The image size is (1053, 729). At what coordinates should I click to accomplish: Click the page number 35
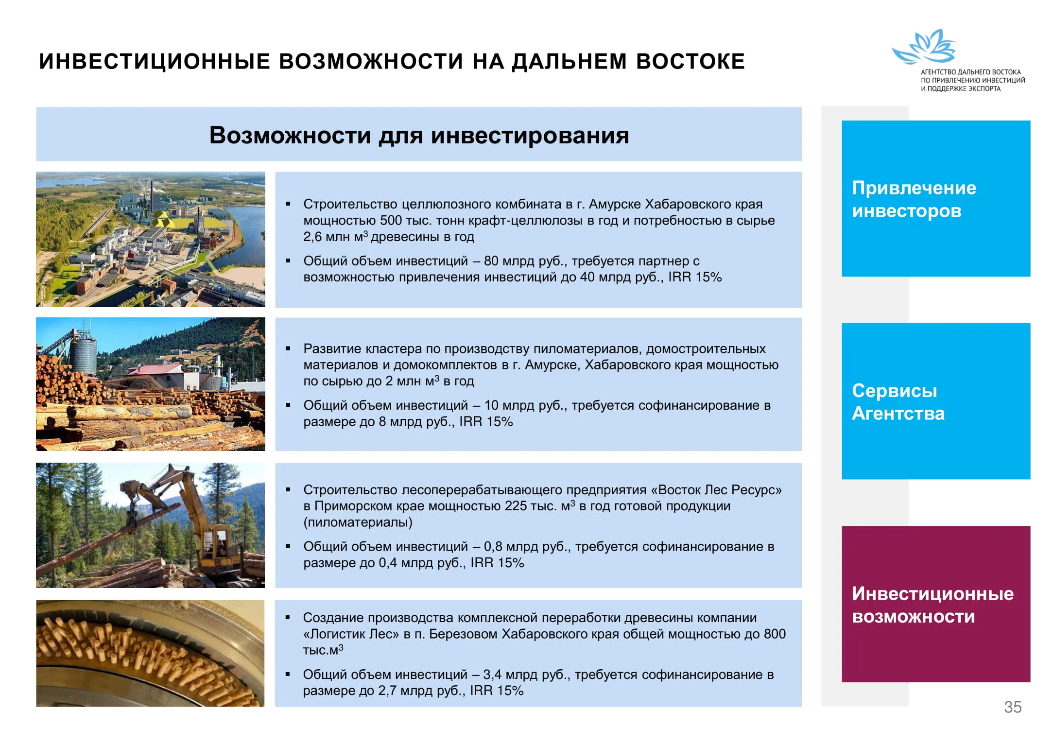pyautogui.click(x=1013, y=707)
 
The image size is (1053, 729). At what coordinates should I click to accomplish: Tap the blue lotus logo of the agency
pyautogui.click(x=923, y=47)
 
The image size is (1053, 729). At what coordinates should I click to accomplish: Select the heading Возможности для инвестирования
pyautogui.click(x=419, y=135)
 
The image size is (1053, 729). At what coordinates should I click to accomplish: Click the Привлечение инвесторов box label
pyautogui.click(x=914, y=199)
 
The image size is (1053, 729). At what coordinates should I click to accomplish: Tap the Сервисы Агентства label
pyautogui.click(x=898, y=402)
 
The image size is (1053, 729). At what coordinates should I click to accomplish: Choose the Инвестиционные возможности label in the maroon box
pyautogui.click(x=932, y=605)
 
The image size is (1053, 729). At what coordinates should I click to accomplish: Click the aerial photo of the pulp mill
pyautogui.click(x=151, y=239)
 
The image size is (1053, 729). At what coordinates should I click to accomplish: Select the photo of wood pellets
pyautogui.click(x=150, y=653)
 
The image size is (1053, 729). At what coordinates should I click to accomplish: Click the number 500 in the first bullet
pyautogui.click(x=391, y=221)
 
